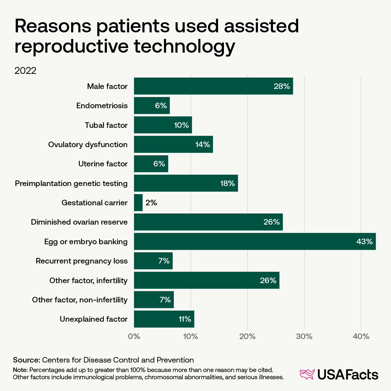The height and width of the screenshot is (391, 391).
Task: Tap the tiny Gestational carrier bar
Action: coord(138,203)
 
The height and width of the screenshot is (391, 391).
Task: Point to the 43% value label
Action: coord(364,242)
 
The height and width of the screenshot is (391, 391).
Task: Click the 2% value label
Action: coord(151,203)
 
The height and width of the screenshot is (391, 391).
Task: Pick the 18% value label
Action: coord(228,183)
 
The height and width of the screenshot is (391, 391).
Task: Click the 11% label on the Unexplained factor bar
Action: coord(185,319)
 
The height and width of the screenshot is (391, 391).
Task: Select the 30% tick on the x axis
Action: coord(304,336)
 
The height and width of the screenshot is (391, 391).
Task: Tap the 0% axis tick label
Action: coord(134,336)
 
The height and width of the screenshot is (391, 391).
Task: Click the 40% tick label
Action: coord(361,336)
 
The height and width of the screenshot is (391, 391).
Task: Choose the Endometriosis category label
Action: coord(102,106)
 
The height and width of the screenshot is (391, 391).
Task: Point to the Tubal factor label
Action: coord(106,125)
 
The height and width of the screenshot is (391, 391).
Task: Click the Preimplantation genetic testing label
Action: coord(71,183)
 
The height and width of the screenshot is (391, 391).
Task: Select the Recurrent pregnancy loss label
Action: coord(81,261)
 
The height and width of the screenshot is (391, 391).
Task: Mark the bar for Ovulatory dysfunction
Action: coord(173,144)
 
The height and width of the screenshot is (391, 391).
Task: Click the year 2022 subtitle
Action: coord(25,71)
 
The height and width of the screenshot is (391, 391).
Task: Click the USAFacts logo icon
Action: coord(307,375)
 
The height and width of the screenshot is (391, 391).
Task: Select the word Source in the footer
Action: coord(26,360)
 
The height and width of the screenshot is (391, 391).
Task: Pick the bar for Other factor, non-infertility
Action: coord(154,300)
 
